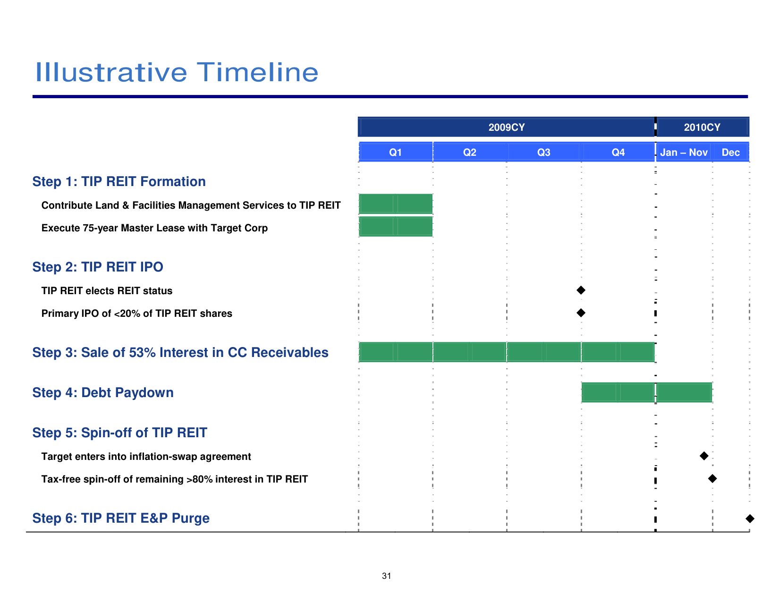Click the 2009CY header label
(x=506, y=127)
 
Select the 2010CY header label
(x=702, y=127)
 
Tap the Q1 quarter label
(x=395, y=153)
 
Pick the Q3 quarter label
(x=543, y=153)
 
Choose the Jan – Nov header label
(x=684, y=153)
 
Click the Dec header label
(x=730, y=153)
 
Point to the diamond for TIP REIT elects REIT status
(x=581, y=290)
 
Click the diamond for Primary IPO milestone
(x=581, y=313)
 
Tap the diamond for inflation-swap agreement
(x=704, y=456)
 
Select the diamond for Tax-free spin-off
(x=712, y=478)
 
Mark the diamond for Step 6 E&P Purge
(x=750, y=518)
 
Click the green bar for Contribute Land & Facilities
(x=396, y=203)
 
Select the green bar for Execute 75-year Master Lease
(x=396, y=227)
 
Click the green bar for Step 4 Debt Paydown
(x=646, y=392)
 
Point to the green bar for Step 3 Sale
(x=507, y=352)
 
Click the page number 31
(x=387, y=576)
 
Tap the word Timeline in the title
(x=257, y=72)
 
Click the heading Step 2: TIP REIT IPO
(x=98, y=267)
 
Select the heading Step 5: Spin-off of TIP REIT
(x=120, y=432)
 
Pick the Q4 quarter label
(x=618, y=153)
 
